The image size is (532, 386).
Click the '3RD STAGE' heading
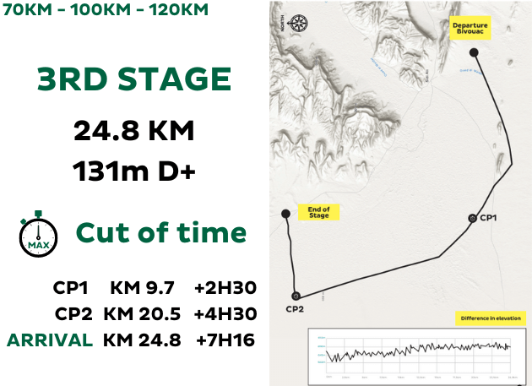[x=133, y=80]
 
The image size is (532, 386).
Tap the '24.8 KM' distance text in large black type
[x=134, y=131]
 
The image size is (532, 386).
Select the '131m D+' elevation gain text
[x=134, y=171]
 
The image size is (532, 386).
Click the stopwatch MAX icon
[x=38, y=234]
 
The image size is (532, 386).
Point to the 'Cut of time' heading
[x=161, y=233]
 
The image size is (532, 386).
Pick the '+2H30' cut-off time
[x=225, y=288]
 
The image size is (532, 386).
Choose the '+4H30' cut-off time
[x=225, y=313]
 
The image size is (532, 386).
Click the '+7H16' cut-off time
[x=225, y=340]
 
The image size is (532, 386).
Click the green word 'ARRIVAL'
[x=50, y=340]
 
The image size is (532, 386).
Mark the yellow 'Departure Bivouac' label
[x=470, y=30]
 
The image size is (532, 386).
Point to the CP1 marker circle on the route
[x=472, y=219]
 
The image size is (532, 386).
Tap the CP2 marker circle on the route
[x=295, y=296]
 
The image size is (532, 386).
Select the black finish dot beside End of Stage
[x=285, y=213]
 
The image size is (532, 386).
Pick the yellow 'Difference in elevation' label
[x=491, y=318]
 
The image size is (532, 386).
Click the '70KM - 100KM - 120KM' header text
[x=105, y=11]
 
